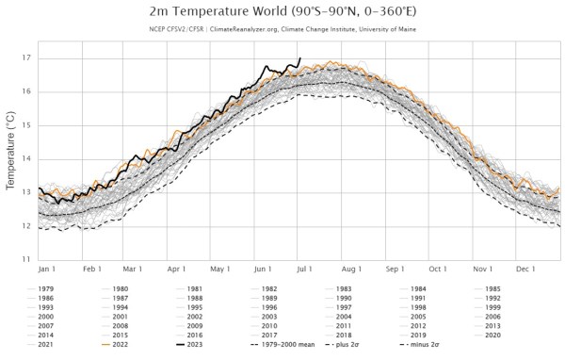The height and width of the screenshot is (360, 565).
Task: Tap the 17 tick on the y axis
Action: (x=25, y=58)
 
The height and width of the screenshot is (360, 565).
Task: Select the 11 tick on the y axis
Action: (x=25, y=258)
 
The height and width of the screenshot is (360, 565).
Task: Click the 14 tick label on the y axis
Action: (x=25, y=158)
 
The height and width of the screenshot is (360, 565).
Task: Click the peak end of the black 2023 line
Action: (x=299, y=58)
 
